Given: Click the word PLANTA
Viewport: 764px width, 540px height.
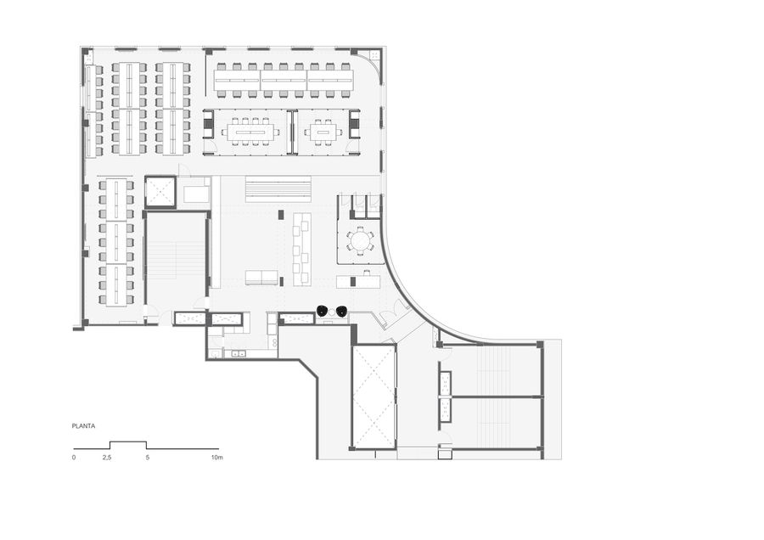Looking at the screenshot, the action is coord(83,426).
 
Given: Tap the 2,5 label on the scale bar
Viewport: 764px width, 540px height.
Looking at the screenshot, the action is coord(107,458).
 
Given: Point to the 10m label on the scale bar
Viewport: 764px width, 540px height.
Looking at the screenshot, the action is coord(216,458).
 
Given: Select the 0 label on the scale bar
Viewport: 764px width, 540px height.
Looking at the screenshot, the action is coord(74,458).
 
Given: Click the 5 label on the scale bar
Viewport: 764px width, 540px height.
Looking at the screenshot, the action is coord(147,458).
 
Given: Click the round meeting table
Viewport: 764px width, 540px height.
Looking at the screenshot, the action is coord(360,240).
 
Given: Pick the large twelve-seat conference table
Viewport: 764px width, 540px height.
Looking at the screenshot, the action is coord(251,132).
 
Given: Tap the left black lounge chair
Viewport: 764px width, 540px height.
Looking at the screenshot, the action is coord(323,311).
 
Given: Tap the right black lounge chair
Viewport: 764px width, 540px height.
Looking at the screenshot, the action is coord(341,311).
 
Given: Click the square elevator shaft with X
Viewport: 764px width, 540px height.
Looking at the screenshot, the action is coord(160,192).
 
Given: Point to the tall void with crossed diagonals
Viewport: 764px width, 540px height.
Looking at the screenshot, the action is coord(374,397).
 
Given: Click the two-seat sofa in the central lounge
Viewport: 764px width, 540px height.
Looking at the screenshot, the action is coord(261,278).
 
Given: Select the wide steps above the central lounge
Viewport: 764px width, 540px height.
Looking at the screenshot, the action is coord(278,188).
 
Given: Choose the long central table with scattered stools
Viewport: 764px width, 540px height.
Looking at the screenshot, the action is coord(301,248).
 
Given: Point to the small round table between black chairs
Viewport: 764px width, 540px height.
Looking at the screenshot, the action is coord(332,311).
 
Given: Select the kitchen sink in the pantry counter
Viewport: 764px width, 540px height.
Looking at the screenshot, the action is coord(239,354).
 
